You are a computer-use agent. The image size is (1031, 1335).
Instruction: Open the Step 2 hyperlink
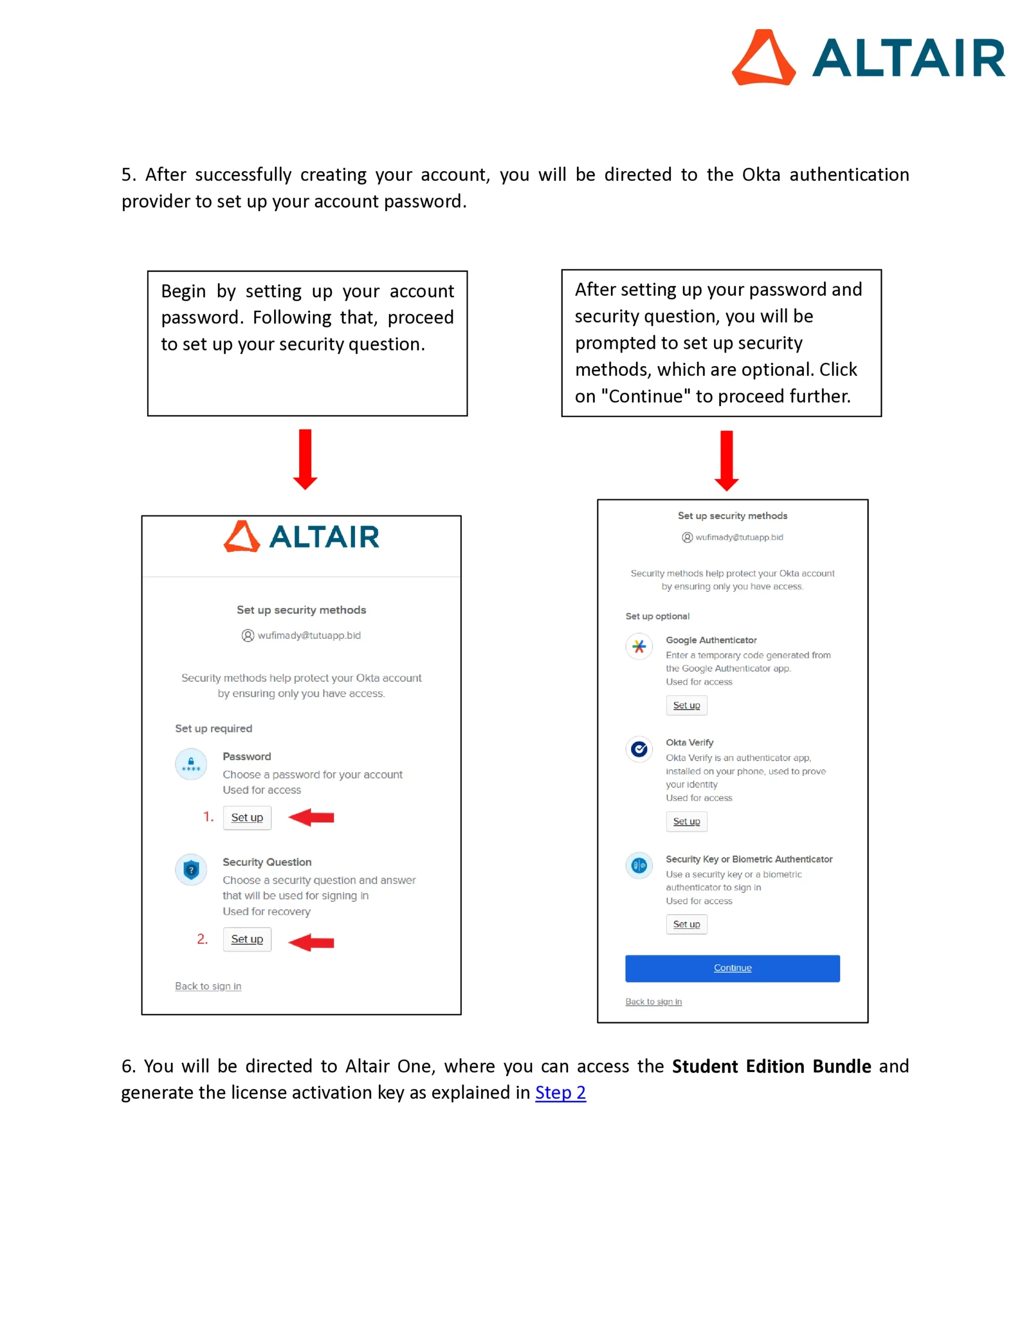[x=560, y=1093]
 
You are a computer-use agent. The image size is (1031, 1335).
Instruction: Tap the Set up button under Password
[x=247, y=817]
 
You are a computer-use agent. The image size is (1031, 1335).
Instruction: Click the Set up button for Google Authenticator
[x=686, y=706]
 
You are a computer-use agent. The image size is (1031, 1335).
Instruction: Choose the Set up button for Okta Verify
[x=686, y=821]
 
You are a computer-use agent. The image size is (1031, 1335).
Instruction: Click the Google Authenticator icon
[x=639, y=646]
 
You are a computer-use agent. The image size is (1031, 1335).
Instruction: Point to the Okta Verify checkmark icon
[x=639, y=749]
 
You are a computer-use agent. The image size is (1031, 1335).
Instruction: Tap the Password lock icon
[x=191, y=764]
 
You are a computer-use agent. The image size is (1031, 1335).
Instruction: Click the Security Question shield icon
[x=191, y=869]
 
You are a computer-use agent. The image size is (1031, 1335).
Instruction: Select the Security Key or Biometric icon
[x=639, y=865]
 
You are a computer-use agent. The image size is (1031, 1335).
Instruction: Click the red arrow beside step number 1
[x=312, y=817]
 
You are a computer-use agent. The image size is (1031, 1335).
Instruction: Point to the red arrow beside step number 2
[x=312, y=942]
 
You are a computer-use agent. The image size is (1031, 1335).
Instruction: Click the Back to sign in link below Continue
[x=653, y=1001]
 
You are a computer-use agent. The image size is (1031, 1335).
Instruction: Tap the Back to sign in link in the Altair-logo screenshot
[x=208, y=986]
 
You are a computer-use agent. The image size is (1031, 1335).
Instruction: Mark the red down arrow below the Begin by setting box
[x=305, y=459]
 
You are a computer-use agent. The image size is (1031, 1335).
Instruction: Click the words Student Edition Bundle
[x=771, y=1066]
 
